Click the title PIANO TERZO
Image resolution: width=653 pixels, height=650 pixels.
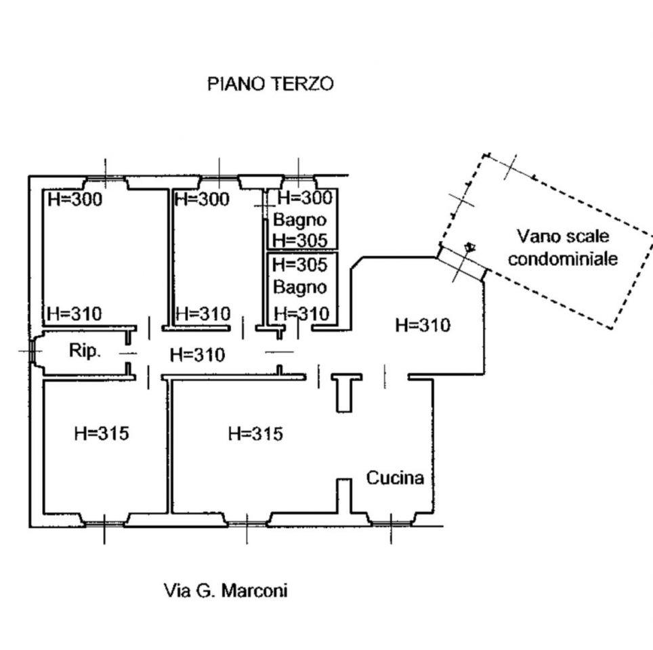[x=270, y=84]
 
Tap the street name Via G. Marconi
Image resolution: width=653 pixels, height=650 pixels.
[x=226, y=590]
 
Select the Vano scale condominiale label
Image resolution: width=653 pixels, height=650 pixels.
[x=563, y=247]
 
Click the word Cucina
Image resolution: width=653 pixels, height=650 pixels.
[x=396, y=477]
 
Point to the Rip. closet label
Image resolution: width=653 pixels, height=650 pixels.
[x=85, y=351]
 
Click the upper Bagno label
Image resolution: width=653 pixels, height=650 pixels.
[x=299, y=219]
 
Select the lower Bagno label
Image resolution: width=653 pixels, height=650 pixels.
[x=299, y=286]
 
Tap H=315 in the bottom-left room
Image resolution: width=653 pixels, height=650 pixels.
[x=101, y=433]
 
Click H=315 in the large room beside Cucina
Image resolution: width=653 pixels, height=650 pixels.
[x=255, y=433]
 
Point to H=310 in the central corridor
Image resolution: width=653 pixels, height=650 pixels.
[x=197, y=353]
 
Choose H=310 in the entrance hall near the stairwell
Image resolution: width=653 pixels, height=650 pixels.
[x=422, y=325]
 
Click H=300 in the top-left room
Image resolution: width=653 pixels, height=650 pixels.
[x=75, y=199]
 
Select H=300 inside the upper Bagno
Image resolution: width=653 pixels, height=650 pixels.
[x=306, y=198]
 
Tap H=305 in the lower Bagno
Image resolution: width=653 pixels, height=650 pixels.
[x=299, y=264]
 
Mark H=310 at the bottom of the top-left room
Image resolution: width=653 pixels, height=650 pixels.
[x=75, y=313]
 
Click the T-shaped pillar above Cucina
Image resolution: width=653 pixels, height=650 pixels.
[x=345, y=389]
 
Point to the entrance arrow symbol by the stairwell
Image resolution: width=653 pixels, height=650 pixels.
[x=469, y=247]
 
